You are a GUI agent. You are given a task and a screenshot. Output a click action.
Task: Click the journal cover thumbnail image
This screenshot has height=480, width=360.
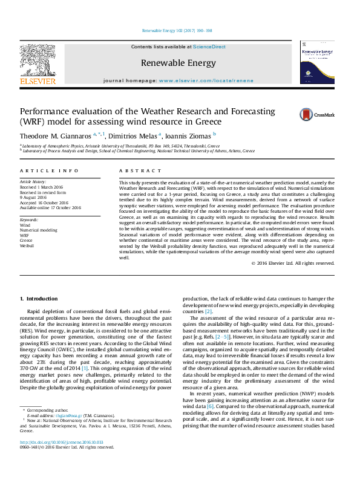tap(317, 63)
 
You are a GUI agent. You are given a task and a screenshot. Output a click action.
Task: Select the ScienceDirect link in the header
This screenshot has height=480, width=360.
tap(209, 47)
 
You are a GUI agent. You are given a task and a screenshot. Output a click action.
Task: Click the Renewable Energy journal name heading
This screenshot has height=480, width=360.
tap(178, 63)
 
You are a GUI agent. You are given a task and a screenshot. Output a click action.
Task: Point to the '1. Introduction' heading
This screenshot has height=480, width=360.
tap(39, 299)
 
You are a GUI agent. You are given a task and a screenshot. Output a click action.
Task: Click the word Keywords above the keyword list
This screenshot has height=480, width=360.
tap(30, 219)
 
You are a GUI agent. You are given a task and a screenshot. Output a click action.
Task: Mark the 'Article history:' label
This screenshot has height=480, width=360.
tap(34, 181)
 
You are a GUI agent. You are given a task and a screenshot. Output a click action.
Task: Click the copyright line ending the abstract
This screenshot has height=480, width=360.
tap(292, 264)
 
